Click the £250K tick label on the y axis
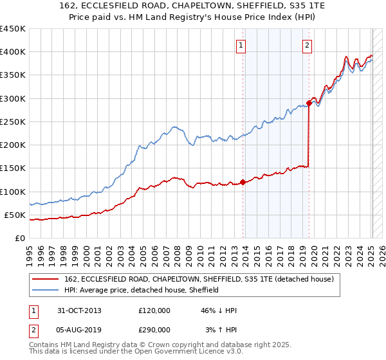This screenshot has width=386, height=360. click(x=13, y=122)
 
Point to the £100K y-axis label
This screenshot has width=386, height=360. click(x=13, y=192)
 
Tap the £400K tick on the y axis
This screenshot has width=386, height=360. click(x=13, y=52)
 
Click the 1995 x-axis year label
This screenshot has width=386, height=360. click(x=30, y=253)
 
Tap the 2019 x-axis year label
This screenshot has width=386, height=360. click(x=303, y=253)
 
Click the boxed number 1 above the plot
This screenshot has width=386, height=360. click(x=240, y=45)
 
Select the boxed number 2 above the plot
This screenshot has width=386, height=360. click(x=307, y=45)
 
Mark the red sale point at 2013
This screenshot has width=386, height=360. click(x=243, y=182)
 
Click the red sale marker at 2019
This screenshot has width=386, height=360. click(x=309, y=103)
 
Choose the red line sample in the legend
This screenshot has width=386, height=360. click(x=46, y=280)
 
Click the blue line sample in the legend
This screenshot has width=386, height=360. click(x=46, y=291)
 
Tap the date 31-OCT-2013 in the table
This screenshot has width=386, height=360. click(x=79, y=310)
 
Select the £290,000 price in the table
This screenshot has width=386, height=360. click(x=154, y=329)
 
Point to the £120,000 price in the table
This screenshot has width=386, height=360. click(x=154, y=310)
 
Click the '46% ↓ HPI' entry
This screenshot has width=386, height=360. click(x=218, y=310)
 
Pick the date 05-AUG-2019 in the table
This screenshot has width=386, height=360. click(x=80, y=329)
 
